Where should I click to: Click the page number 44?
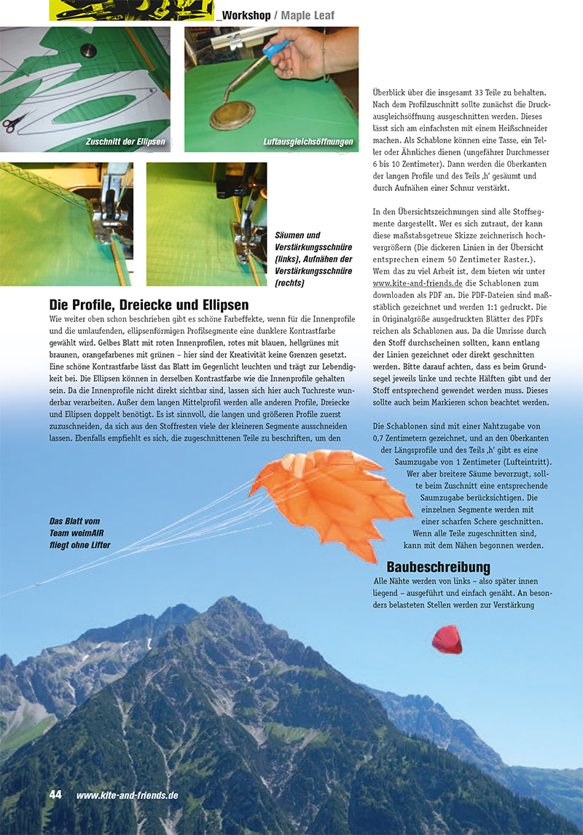coord(55,795)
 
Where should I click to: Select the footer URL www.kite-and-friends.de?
coord(127,796)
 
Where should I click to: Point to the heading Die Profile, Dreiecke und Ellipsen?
coord(149,305)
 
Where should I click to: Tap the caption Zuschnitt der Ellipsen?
coord(125,141)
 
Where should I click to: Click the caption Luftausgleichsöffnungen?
coord(308,141)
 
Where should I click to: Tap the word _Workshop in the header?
coord(243,15)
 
